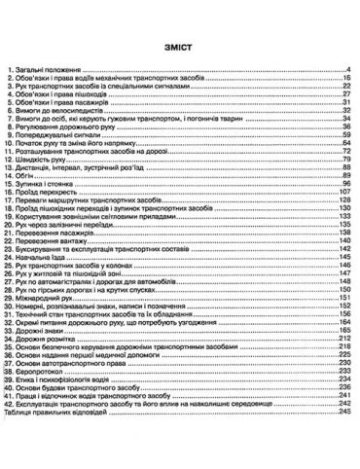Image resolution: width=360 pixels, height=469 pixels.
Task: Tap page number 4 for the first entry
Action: coord(347,70)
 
